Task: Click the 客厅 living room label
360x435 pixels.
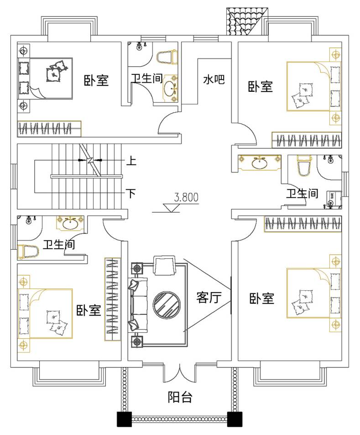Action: tap(209, 298)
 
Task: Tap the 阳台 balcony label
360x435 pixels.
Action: tap(179, 397)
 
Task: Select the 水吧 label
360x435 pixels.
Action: tap(214, 80)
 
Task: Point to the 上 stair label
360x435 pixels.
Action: tap(131, 161)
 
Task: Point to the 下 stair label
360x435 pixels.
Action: tap(131, 194)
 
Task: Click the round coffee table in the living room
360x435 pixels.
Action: tap(166, 305)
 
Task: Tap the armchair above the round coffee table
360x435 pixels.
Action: tap(165, 265)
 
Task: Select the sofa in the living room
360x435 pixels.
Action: tap(138, 305)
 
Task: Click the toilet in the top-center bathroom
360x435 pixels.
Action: tap(167, 58)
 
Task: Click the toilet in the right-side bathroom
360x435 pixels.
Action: tap(303, 166)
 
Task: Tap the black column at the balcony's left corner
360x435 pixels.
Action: tap(124, 419)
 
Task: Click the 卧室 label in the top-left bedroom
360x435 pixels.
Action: tap(96, 81)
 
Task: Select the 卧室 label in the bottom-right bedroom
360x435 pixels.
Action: tap(261, 299)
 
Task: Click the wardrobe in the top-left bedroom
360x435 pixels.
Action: tap(49, 128)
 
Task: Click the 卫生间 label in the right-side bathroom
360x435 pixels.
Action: tap(302, 194)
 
